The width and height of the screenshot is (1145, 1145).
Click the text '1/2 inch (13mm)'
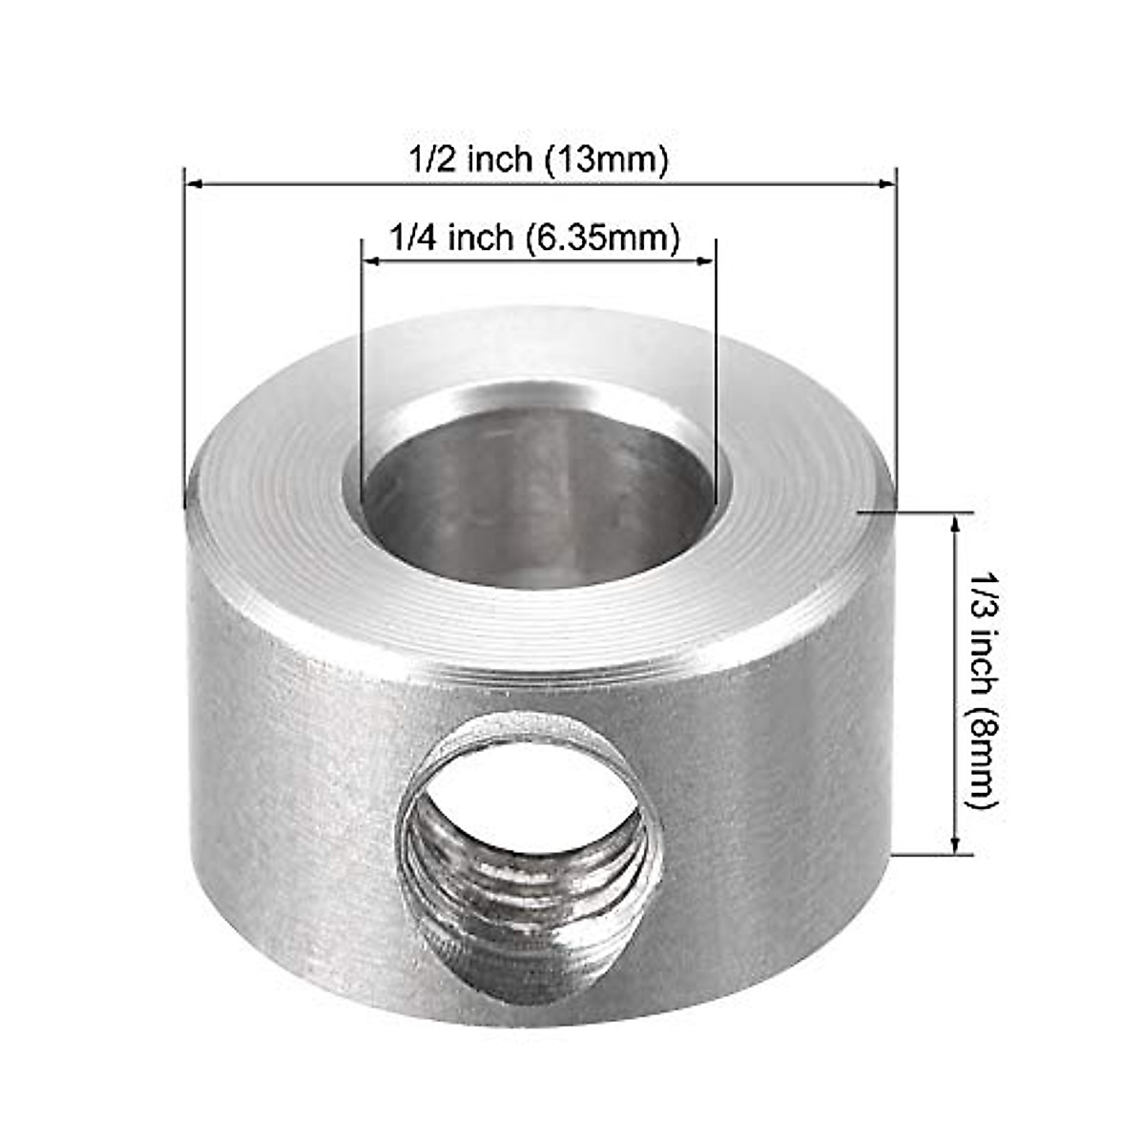(538, 158)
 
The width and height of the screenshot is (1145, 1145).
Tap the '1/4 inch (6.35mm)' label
(535, 237)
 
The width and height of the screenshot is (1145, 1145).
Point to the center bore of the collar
(539, 506)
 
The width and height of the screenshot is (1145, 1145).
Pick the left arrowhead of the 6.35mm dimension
(371, 260)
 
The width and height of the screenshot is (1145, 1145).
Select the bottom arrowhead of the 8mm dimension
(955, 845)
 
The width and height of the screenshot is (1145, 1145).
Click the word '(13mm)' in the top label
(606, 158)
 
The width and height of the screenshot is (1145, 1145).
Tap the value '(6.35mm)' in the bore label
(603, 237)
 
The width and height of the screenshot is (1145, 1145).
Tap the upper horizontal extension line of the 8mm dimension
(916, 512)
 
